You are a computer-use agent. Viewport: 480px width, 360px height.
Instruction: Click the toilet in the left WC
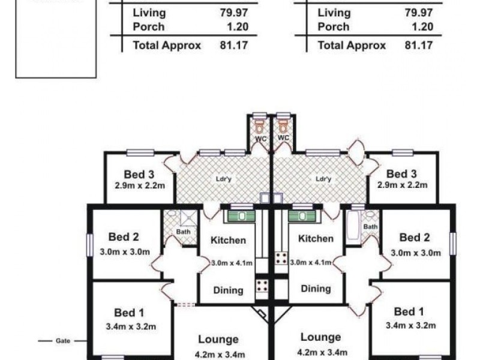[259, 127]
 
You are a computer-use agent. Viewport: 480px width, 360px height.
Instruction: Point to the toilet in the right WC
[283, 127]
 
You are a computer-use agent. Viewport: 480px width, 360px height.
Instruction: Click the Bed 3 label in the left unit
[139, 175]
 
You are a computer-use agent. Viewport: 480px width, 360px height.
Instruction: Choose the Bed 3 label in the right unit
[401, 175]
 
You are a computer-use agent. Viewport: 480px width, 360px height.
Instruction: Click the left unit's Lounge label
[218, 339]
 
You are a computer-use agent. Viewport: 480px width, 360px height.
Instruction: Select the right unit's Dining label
[316, 289]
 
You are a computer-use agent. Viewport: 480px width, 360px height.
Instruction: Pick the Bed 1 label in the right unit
[405, 311]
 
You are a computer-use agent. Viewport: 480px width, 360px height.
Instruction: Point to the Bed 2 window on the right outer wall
[453, 244]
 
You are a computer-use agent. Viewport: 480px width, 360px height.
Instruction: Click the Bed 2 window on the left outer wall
[90, 245]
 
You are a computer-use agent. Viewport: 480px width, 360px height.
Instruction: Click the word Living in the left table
[149, 13]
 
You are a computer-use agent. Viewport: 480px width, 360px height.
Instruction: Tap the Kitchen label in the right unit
[316, 238]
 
